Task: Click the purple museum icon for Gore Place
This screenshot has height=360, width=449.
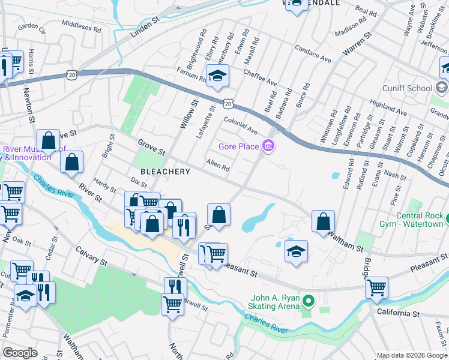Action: tap(268, 146)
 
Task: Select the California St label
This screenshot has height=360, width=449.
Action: tap(398, 313)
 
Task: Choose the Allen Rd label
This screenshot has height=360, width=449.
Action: tap(218, 165)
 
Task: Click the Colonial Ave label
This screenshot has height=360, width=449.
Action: tap(240, 125)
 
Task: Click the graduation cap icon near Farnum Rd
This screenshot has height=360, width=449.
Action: tap(217, 76)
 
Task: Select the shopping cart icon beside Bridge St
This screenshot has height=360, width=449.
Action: tap(376, 287)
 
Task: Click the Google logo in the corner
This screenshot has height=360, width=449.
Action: tap(20, 353)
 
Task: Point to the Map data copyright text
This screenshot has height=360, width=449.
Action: tap(412, 355)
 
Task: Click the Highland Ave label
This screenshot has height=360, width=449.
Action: tap(388, 107)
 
